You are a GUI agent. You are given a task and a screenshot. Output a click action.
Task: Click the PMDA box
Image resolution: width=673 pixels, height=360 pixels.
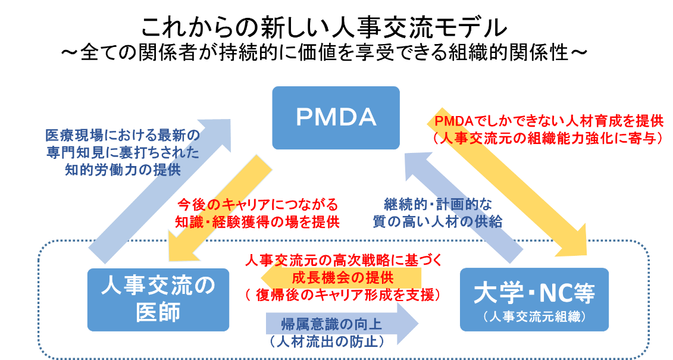click(x=336, y=118)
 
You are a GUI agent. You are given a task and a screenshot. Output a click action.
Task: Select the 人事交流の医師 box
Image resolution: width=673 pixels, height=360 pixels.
click(x=158, y=299)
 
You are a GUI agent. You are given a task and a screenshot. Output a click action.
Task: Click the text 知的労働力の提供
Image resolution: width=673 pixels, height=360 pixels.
click(x=123, y=170)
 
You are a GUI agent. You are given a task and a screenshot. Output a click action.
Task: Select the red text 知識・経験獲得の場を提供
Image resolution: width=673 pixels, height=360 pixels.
click(x=257, y=222)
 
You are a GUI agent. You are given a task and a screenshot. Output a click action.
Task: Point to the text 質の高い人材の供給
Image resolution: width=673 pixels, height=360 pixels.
click(x=437, y=222)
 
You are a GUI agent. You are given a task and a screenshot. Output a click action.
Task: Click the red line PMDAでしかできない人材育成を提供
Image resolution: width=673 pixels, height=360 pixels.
click(x=549, y=122)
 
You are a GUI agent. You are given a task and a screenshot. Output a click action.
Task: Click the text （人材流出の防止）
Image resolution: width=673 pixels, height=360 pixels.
click(x=324, y=342)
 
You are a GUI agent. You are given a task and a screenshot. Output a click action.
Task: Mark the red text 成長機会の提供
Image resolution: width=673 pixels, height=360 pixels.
click(x=342, y=278)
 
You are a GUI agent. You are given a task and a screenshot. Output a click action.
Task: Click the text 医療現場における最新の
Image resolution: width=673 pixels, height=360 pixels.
click(x=123, y=136)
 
